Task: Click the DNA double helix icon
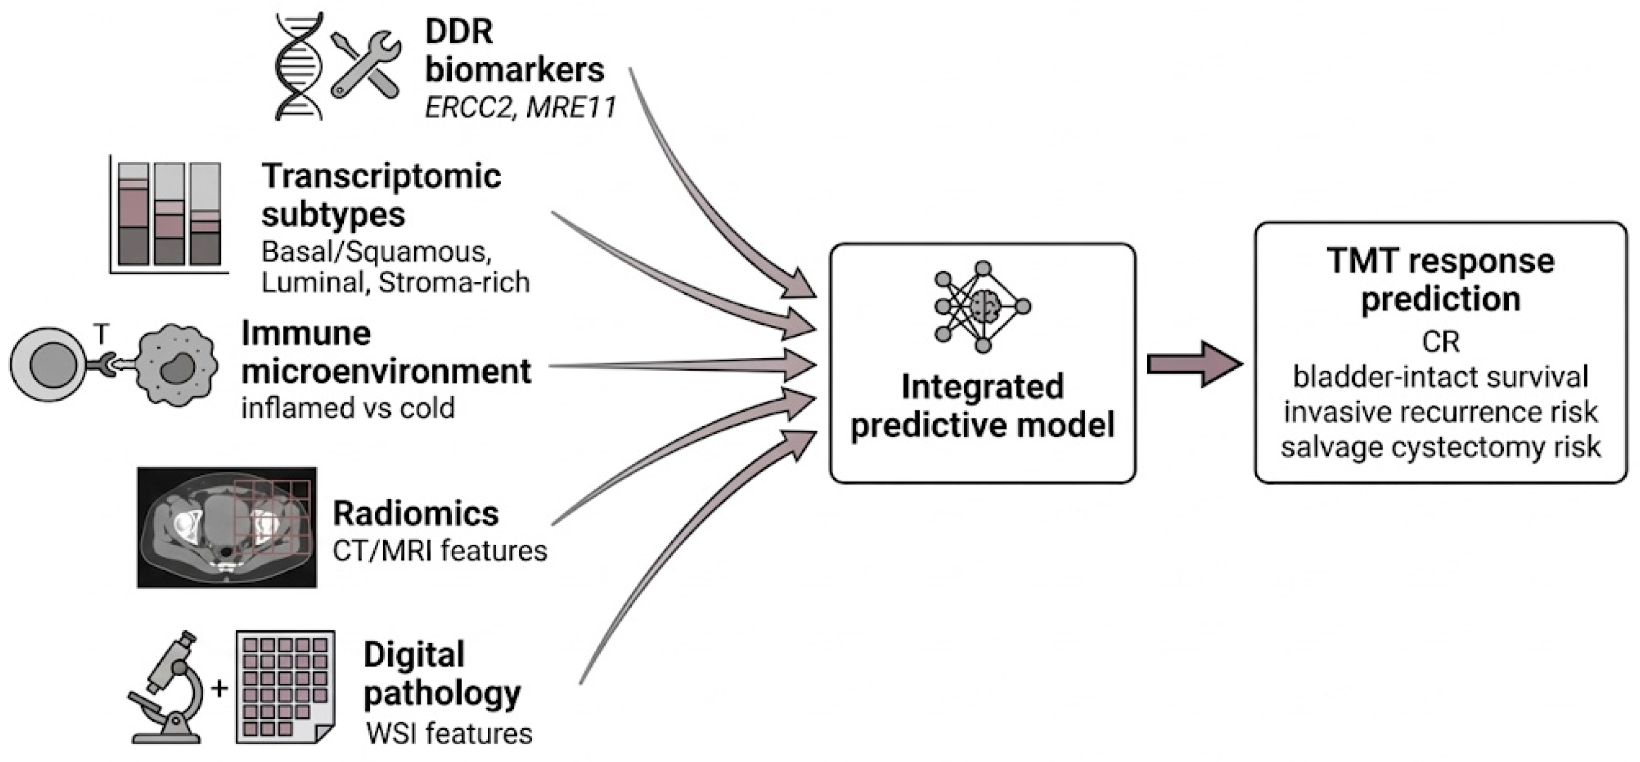tap(299, 67)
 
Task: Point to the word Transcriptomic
tap(381, 176)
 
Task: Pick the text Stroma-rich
tap(454, 282)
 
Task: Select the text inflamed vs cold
tap(348, 408)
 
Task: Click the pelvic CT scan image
tap(226, 527)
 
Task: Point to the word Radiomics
tap(416, 514)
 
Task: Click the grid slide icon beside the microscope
tap(285, 687)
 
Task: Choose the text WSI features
tap(450, 733)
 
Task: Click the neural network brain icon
tap(982, 306)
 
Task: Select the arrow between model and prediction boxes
tap(1194, 364)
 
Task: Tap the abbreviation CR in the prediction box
tap(1440, 342)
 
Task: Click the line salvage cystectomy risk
tap(1440, 447)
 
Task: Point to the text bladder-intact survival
tap(1440, 376)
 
